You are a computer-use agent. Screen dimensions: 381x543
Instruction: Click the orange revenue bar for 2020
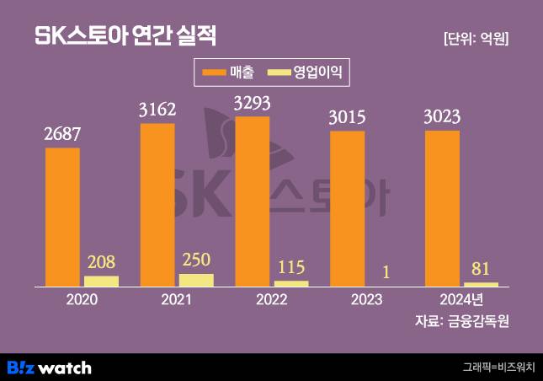point(62,217)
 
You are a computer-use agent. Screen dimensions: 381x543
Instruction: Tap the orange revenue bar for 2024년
point(443,208)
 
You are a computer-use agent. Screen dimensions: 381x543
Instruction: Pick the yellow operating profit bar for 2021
point(197,280)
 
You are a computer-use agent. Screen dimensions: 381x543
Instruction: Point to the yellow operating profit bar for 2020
point(102,281)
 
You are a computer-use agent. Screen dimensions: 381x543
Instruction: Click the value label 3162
point(157,110)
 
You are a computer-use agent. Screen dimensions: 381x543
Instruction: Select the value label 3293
point(253,103)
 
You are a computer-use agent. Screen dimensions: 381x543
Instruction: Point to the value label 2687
point(62,134)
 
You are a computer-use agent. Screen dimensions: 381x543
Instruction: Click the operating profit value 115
point(291,266)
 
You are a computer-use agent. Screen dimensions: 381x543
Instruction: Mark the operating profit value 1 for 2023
point(386,272)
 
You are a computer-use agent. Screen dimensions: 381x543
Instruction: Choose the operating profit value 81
point(481,269)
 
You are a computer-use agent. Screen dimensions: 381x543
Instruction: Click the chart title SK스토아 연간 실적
point(125,36)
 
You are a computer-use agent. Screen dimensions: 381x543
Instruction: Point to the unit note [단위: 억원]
point(475,38)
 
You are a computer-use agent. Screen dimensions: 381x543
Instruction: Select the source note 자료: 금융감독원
point(462,321)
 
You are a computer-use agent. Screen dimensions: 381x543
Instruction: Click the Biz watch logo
point(49,368)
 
